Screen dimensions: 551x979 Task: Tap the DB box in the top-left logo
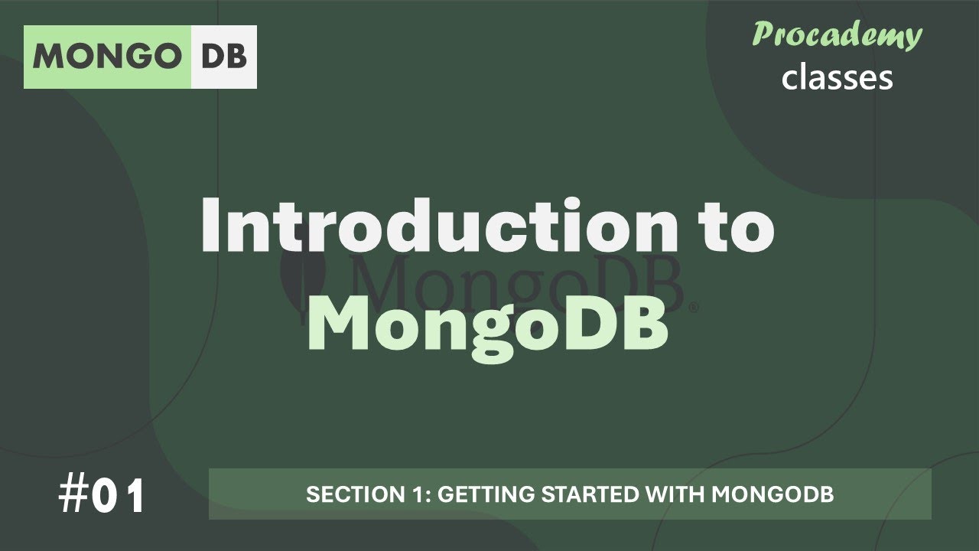pos(224,57)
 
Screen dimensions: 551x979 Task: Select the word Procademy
pos(837,36)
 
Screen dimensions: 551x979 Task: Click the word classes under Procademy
pos(837,77)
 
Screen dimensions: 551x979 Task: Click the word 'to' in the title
pos(731,227)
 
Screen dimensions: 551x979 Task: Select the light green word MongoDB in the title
pos(489,325)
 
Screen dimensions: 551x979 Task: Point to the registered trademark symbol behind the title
pos(694,308)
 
